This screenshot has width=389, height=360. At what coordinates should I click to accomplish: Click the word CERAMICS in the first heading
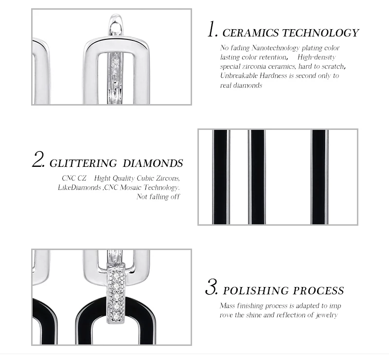pos(250,33)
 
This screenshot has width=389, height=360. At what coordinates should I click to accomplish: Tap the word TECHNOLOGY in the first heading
pos(320,33)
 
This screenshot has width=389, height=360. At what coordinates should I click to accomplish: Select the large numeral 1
pos(212,29)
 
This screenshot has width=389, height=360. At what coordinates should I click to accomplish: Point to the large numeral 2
pos(38,159)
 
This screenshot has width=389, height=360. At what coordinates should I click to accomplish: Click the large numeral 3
pos(212,287)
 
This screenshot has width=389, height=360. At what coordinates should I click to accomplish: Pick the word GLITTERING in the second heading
pos(83,163)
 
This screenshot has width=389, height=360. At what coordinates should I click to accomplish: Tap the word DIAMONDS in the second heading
pos(153,163)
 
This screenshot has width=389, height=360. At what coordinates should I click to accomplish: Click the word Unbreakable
pos(238,75)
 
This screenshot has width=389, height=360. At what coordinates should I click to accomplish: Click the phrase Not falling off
pos(158,197)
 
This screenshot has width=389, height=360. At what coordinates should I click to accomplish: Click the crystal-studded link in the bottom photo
pos(116,293)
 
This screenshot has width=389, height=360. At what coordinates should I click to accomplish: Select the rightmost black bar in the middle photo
pos(319,177)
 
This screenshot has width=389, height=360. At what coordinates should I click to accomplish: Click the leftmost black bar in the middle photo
pos(220,177)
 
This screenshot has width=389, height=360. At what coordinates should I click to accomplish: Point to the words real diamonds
pos(241,86)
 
